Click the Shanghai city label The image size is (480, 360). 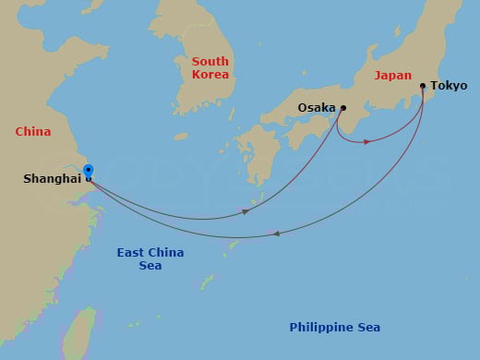[x=52, y=179]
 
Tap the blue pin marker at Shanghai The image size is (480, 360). [x=88, y=171]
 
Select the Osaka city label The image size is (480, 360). [x=317, y=108]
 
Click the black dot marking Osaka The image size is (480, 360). [x=343, y=108]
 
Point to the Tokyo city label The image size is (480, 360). [x=450, y=86]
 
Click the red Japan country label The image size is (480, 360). [x=393, y=77]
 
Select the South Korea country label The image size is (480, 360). [x=210, y=67]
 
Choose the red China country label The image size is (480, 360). [x=33, y=132]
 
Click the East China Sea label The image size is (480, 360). [x=150, y=258]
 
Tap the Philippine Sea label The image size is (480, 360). [x=334, y=328]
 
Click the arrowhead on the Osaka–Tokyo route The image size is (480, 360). [x=367, y=141]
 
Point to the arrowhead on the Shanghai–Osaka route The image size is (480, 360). [x=246, y=211]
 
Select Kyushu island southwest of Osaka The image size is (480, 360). [x=250, y=155]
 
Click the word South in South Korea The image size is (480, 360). [x=210, y=61]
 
